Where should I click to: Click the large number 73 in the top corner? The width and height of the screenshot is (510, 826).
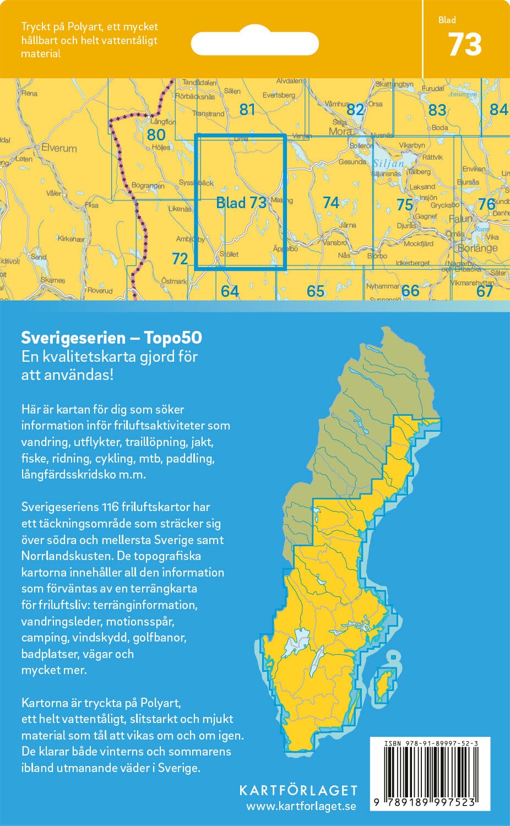click(465, 45)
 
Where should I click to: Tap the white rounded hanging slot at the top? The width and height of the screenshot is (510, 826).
click(254, 44)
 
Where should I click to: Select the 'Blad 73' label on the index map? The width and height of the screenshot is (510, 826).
click(241, 203)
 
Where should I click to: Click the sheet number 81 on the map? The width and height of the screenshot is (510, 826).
click(247, 110)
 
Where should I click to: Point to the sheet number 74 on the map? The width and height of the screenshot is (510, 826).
click(330, 203)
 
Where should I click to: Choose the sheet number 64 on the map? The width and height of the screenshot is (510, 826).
click(230, 291)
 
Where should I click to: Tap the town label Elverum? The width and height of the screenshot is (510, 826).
click(59, 148)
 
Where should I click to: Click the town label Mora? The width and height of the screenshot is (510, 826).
click(340, 132)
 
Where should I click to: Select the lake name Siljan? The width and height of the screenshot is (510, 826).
click(388, 164)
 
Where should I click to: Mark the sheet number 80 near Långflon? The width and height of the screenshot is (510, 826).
click(156, 134)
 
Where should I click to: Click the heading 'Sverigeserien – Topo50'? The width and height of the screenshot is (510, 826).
click(111, 338)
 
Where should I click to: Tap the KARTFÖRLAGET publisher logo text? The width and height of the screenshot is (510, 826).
click(298, 791)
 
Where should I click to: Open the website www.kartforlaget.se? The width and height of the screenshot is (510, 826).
click(301, 807)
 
